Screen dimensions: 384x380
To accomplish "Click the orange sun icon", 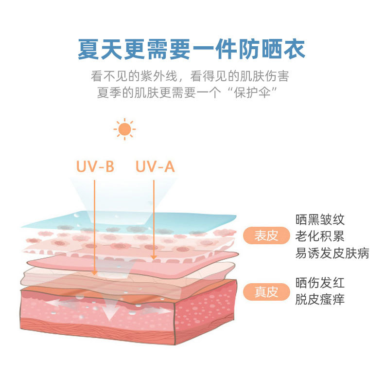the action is (x=124, y=129).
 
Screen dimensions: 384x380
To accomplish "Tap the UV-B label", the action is (x=95, y=167).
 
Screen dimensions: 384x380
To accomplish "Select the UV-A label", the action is (x=155, y=167).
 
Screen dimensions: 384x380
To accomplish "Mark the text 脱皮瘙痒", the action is (x=320, y=299).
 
